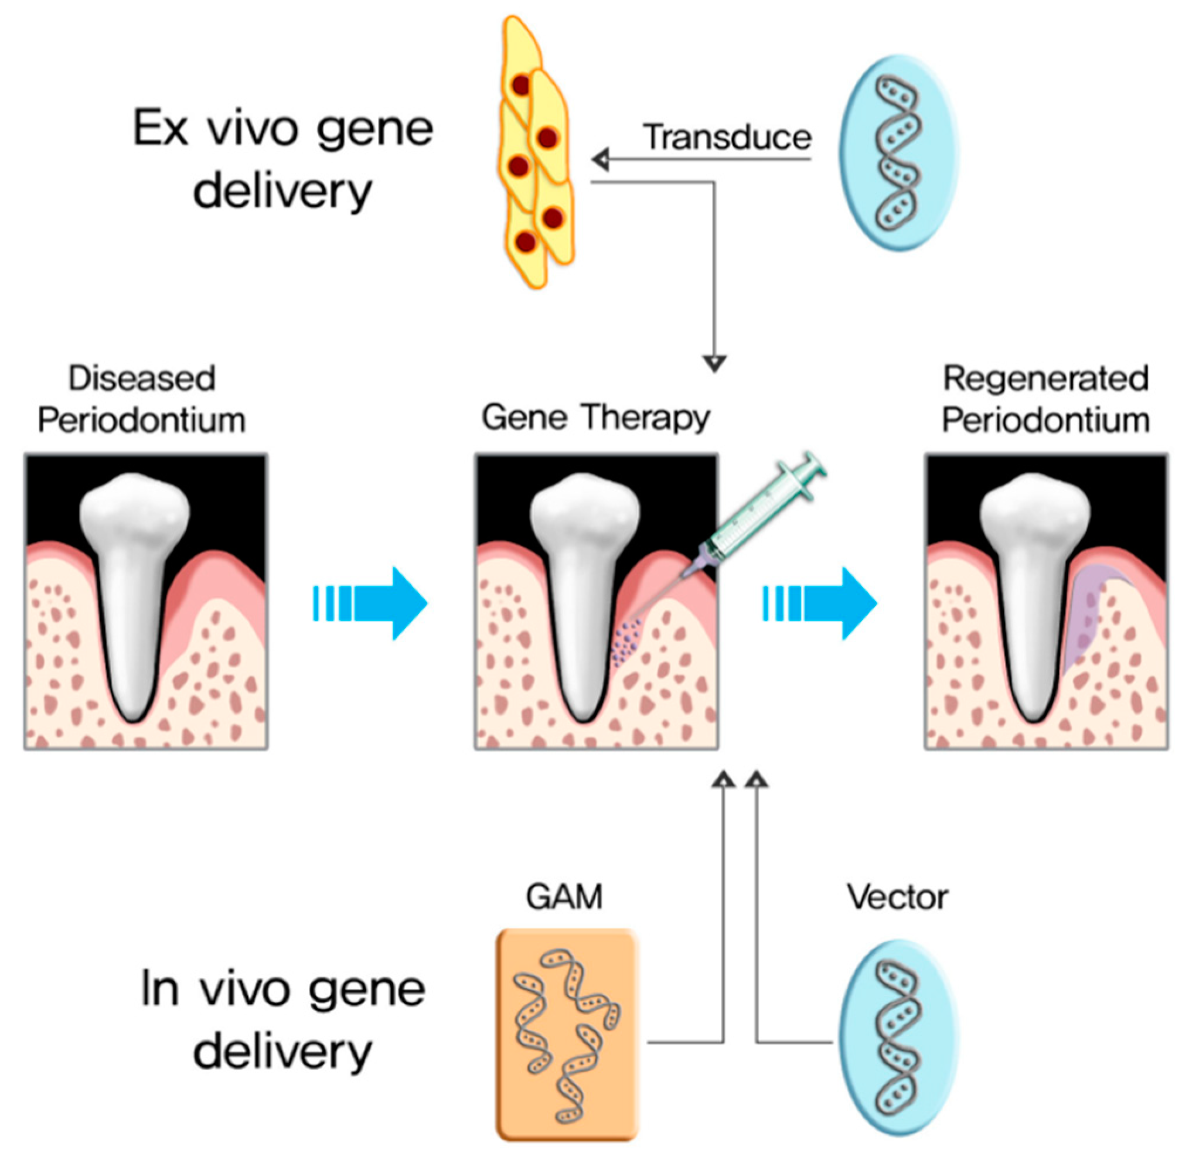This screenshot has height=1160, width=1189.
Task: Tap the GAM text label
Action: coord(564,897)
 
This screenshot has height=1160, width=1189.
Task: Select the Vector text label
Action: coord(897,897)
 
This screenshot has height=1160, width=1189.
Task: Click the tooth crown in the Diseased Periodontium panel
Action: coord(134,512)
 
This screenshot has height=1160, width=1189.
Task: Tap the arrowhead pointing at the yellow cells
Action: coord(601,159)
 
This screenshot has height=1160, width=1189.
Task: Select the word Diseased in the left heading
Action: coord(141,378)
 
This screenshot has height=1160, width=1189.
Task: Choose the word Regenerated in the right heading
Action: coord(1046,378)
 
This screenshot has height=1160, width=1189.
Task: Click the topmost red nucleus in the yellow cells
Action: coord(521,86)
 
